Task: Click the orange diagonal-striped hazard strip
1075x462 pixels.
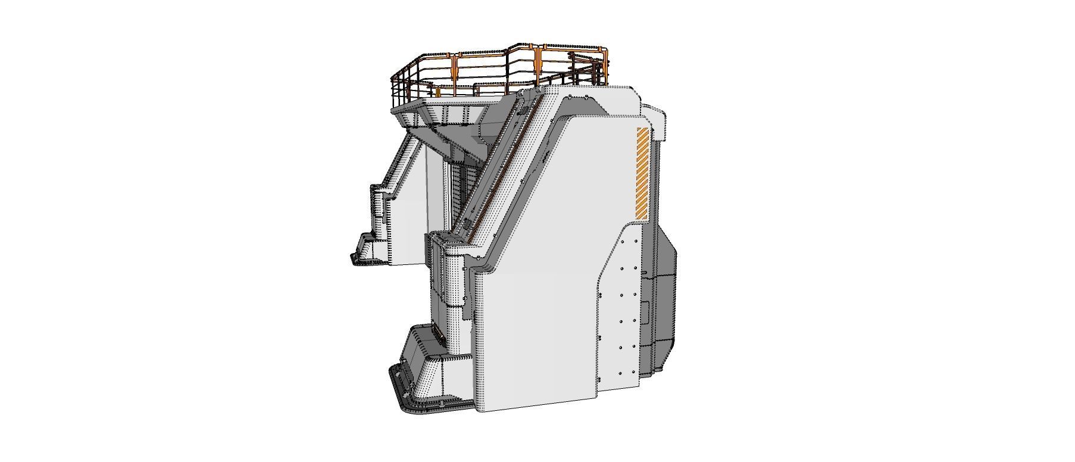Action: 643,173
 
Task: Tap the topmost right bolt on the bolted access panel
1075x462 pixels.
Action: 636,241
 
